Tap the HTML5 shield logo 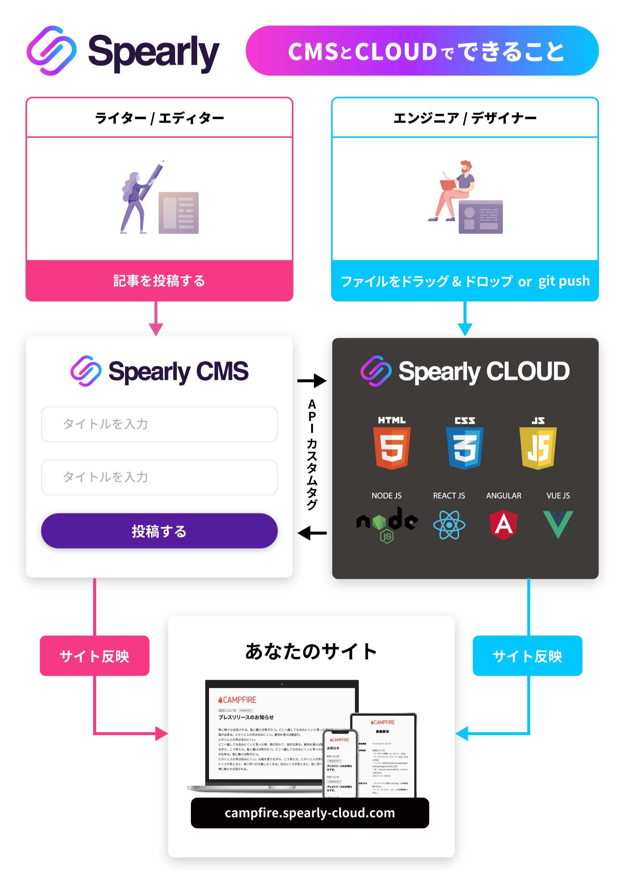[391, 447]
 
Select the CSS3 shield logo [464, 447]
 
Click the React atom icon [449, 525]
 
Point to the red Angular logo [503, 524]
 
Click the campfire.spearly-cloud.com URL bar [310, 812]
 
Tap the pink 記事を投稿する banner [159, 281]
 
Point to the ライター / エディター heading [159, 118]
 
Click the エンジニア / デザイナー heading [465, 118]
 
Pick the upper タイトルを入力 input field [159, 424]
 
